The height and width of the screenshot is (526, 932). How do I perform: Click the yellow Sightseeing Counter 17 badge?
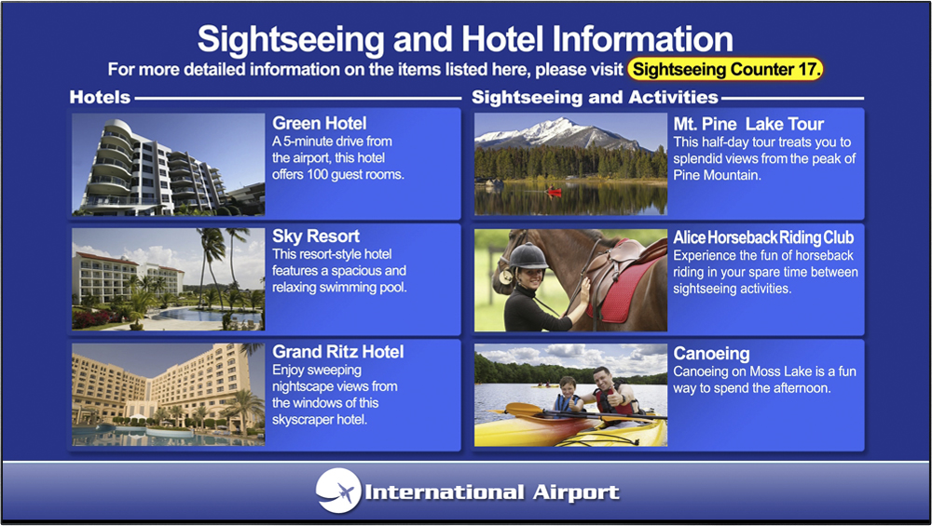[725, 70]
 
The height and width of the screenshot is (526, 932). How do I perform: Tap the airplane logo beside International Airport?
[338, 491]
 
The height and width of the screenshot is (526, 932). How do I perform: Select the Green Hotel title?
[319, 123]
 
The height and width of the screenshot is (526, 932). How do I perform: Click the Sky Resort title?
[316, 236]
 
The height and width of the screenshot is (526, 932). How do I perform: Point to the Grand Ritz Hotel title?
[337, 352]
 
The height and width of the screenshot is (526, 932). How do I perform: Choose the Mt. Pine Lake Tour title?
[748, 124]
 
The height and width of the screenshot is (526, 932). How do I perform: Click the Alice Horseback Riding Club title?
[763, 237]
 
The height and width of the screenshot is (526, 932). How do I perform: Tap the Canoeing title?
[711, 353]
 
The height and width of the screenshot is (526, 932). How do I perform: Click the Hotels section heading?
[100, 97]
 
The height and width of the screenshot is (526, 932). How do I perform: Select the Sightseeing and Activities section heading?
[595, 97]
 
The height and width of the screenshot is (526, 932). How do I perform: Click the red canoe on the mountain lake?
[554, 191]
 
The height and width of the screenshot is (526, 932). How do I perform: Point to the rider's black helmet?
[528, 256]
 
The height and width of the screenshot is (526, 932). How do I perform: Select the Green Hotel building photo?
[168, 164]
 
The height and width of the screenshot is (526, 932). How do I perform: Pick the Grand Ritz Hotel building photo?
[168, 395]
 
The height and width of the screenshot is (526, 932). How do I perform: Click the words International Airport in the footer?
[491, 492]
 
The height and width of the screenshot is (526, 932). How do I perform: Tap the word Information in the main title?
[642, 39]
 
